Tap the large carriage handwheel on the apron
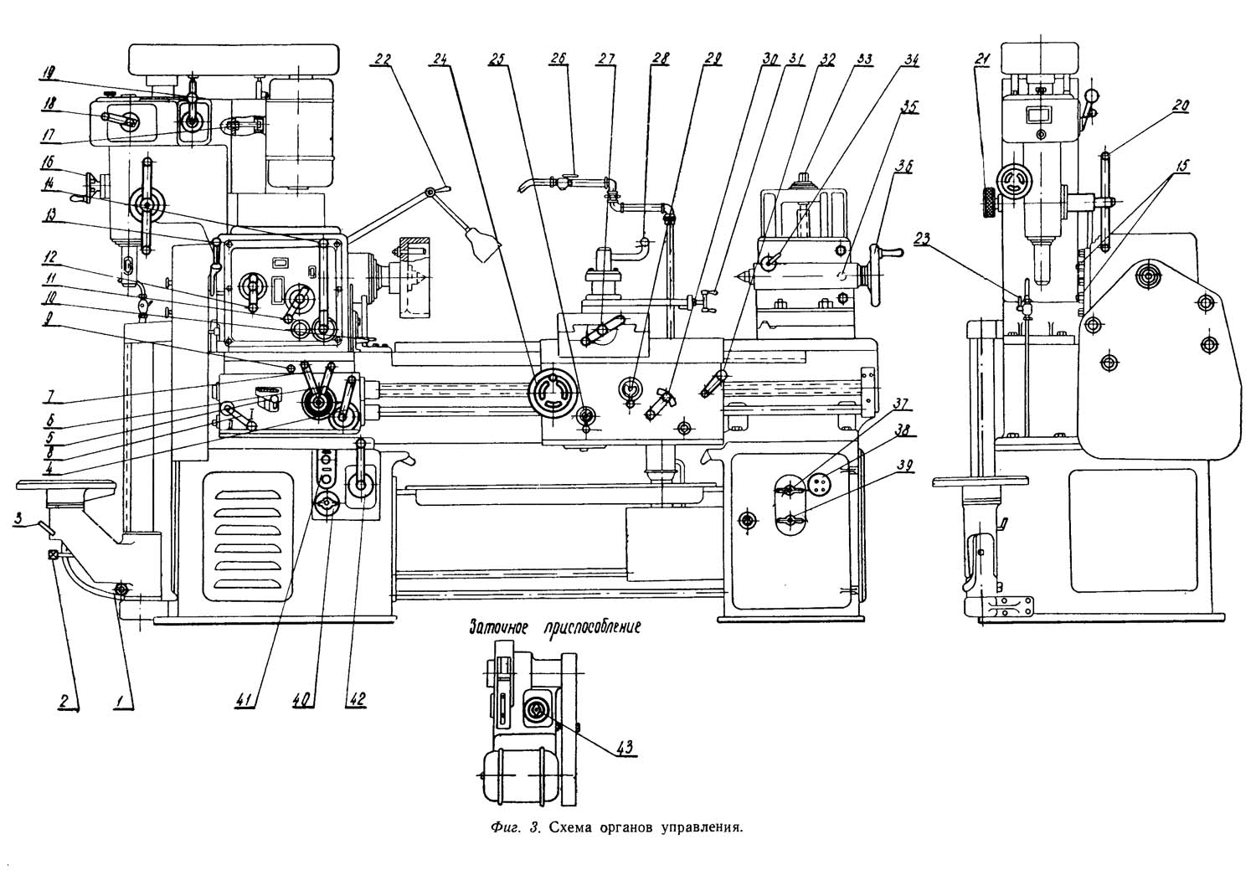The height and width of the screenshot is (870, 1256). [x=553, y=391]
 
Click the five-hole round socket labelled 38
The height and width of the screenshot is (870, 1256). [x=820, y=485]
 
